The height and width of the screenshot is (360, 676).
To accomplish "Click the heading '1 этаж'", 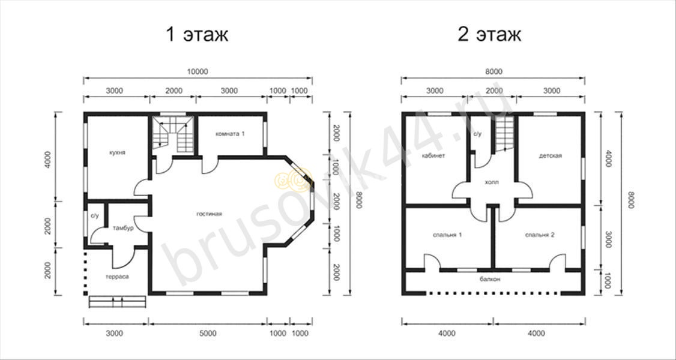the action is tap(197, 35).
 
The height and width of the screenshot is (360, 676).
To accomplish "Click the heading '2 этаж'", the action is tap(489, 35).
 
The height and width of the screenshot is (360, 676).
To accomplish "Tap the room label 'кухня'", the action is tap(118, 153).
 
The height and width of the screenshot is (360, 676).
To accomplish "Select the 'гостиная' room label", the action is tap(209, 214).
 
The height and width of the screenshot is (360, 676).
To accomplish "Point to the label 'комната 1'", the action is tap(230, 134).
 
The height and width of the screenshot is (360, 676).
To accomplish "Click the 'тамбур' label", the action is tap(123, 228).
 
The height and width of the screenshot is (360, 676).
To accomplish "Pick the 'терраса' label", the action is tap(117, 277).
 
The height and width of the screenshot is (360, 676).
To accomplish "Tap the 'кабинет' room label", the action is tap(433, 155).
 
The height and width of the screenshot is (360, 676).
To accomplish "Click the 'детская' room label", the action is tap(550, 155).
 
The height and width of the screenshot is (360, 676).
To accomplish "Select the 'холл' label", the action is tap(492, 182).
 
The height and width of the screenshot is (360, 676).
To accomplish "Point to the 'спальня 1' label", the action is tap(447, 235).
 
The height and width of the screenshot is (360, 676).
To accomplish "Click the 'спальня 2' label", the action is tap(540, 235).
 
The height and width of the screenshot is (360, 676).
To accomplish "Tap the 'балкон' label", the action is tap(490, 279).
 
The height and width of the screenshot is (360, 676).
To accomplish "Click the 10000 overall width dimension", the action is tap(198, 72).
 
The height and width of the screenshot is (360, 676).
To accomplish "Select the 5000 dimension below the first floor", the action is tap(208, 333).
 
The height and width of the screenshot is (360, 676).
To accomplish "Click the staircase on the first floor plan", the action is tap(172, 134).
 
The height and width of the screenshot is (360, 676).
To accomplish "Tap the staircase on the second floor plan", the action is tap(504, 134).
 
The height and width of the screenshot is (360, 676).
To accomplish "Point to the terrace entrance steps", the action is tap(117, 301).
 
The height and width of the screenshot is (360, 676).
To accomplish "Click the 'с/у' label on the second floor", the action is tap(477, 134).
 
